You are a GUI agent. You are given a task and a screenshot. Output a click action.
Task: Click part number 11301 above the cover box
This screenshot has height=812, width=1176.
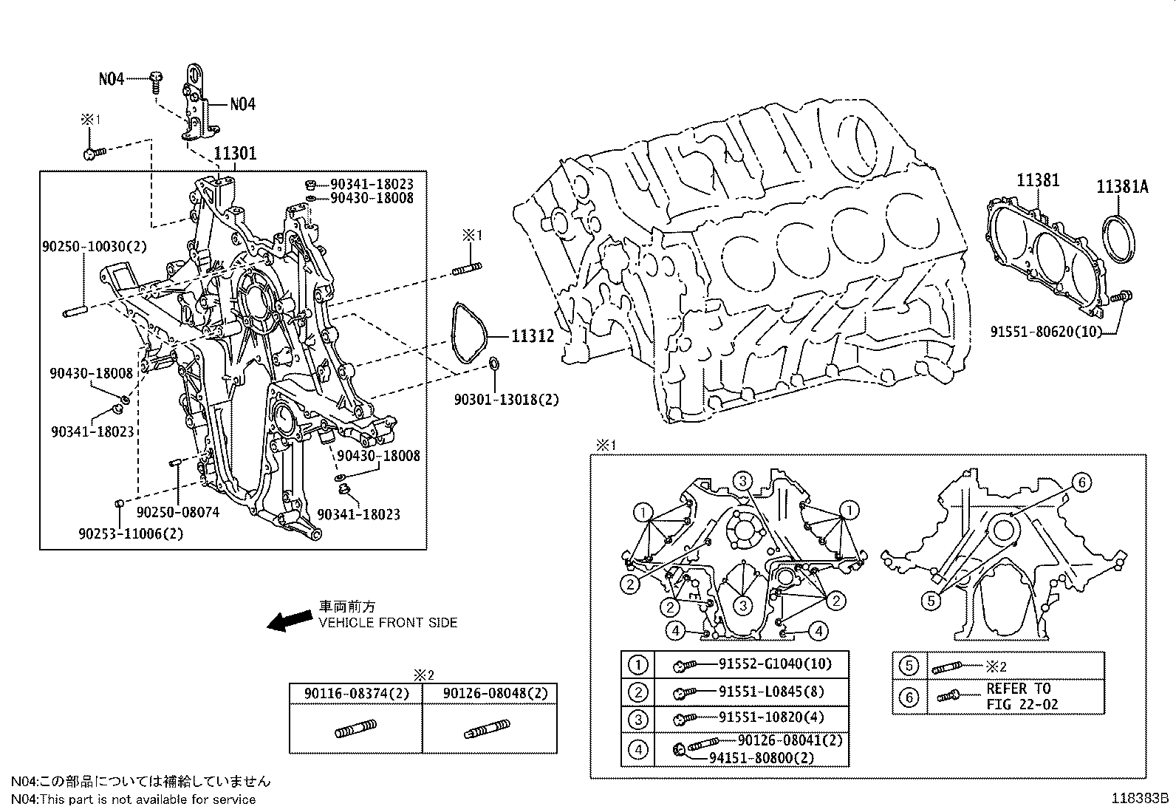(x=235, y=154)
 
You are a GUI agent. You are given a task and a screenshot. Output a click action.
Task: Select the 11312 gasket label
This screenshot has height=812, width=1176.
(x=533, y=336)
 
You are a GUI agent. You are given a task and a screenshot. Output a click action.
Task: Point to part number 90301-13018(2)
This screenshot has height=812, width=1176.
(x=506, y=399)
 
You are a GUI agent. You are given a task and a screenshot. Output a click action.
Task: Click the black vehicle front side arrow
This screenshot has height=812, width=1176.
(x=289, y=621)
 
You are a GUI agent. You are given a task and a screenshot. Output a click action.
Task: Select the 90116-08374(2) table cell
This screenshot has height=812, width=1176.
(x=355, y=693)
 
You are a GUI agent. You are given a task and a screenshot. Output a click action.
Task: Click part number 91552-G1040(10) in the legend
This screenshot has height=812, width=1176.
(x=774, y=664)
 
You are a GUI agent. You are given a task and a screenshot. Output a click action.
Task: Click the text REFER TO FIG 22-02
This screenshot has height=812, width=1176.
(x=1022, y=696)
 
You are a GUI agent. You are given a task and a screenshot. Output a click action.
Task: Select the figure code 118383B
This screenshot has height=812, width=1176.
(x=1142, y=798)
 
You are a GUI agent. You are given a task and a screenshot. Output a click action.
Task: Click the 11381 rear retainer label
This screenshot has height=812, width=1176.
(x=1037, y=180)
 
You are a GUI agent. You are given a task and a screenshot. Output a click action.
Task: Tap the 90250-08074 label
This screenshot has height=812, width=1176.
(x=178, y=512)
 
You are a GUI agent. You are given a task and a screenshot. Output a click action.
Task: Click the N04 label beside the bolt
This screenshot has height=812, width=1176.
(x=112, y=78)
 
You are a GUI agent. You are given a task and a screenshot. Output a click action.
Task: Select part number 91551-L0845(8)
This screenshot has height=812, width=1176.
(x=771, y=692)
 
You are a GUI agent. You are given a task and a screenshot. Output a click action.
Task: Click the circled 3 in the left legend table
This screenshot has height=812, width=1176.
(x=637, y=718)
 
